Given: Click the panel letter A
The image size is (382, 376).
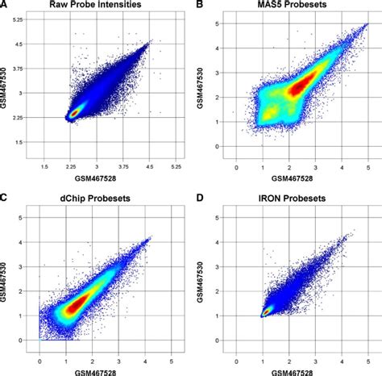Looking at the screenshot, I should coord(6,6).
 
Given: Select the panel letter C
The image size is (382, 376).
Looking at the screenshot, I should coord(6,196).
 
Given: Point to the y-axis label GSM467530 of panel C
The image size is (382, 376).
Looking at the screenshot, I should coord(10,274).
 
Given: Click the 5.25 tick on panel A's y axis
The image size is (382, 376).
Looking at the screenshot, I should coord(26,22).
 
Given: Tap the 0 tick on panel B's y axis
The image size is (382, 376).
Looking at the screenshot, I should coord(219,146).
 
